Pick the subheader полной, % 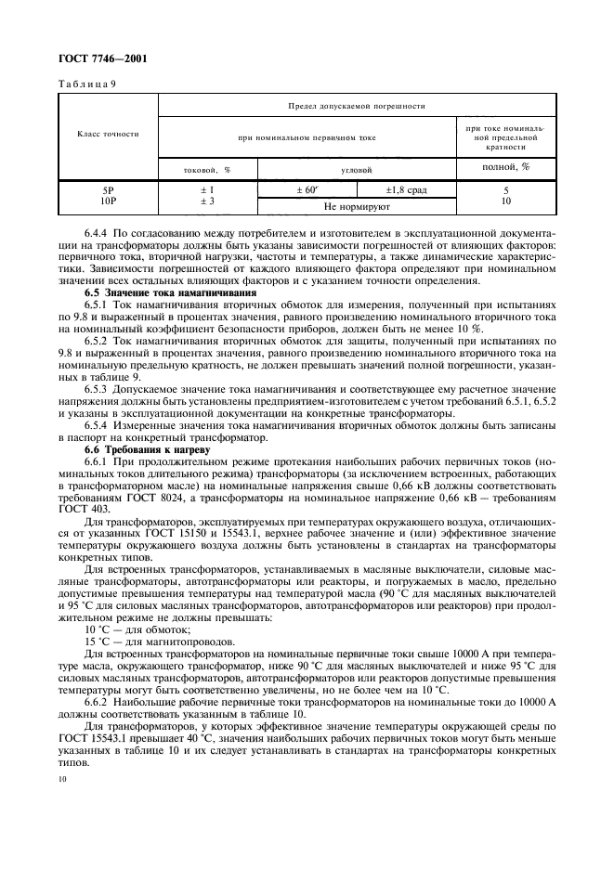pyautogui.click(x=505, y=168)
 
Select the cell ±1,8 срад pyautogui.click(x=406, y=190)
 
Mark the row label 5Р pyautogui.click(x=108, y=190)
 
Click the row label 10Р pyautogui.click(x=108, y=201)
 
